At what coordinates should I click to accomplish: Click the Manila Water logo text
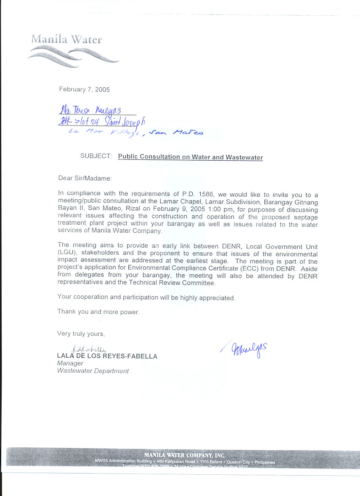66,40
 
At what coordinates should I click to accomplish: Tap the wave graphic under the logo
72,56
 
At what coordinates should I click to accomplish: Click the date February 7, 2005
84,89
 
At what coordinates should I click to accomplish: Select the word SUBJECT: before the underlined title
96,156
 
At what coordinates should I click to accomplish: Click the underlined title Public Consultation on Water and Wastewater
190,157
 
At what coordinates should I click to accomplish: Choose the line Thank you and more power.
98,312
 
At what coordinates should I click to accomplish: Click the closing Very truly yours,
81,334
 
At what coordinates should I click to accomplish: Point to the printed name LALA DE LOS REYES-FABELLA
107,356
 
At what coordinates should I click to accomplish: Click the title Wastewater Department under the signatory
93,371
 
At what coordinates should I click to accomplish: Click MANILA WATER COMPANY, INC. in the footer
185,455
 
